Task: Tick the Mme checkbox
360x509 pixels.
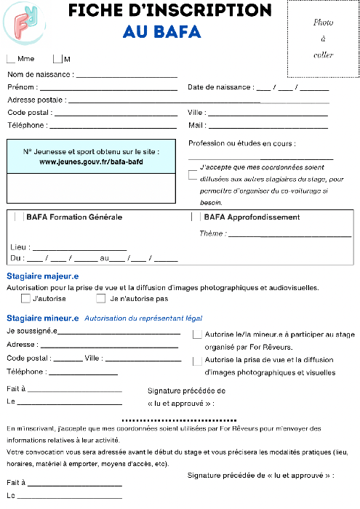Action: pos(10,59)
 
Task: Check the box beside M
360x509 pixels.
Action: pos(57,59)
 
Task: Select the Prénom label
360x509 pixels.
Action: pos(22,87)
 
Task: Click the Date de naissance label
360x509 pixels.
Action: pos(220,87)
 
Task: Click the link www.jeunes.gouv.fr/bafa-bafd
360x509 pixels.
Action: pos(91,161)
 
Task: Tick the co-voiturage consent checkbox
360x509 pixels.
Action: pos(192,175)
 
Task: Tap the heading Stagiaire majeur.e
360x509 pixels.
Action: pos(42,276)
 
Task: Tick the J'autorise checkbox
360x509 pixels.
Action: pos(25,298)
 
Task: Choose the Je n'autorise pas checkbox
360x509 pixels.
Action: pos(101,298)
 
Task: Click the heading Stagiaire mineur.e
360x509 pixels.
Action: pos(42,318)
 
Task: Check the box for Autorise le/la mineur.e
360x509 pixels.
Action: pos(197,334)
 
